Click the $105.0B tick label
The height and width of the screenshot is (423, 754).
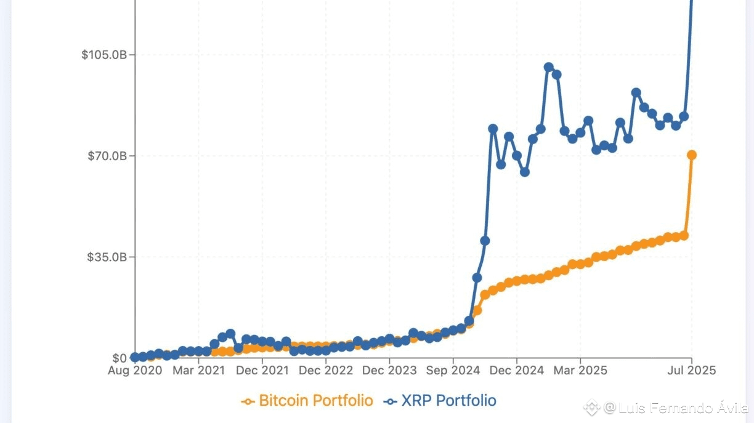click(104, 55)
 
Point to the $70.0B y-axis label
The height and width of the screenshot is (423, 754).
click(107, 156)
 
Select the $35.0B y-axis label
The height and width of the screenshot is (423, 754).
click(107, 257)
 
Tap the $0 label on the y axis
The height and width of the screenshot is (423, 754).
click(120, 358)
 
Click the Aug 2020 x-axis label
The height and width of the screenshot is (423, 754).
click(135, 371)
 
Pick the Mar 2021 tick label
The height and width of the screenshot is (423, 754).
click(198, 371)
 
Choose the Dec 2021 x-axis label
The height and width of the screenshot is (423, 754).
click(262, 371)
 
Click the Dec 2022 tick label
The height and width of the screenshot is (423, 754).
click(326, 371)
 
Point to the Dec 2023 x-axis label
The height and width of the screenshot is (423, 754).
click(389, 371)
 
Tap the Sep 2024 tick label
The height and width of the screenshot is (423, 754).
click(453, 371)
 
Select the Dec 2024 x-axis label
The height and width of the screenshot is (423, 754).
click(517, 371)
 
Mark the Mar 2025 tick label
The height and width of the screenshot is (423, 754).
click(580, 371)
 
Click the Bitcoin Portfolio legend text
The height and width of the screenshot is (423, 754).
click(316, 401)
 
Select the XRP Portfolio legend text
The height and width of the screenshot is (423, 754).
click(448, 401)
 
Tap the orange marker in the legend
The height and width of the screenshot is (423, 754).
click(248, 401)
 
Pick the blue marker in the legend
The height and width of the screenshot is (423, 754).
click(390, 401)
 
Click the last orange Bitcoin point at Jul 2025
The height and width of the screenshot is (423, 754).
click(692, 155)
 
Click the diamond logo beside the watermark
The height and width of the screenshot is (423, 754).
click(591, 408)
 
